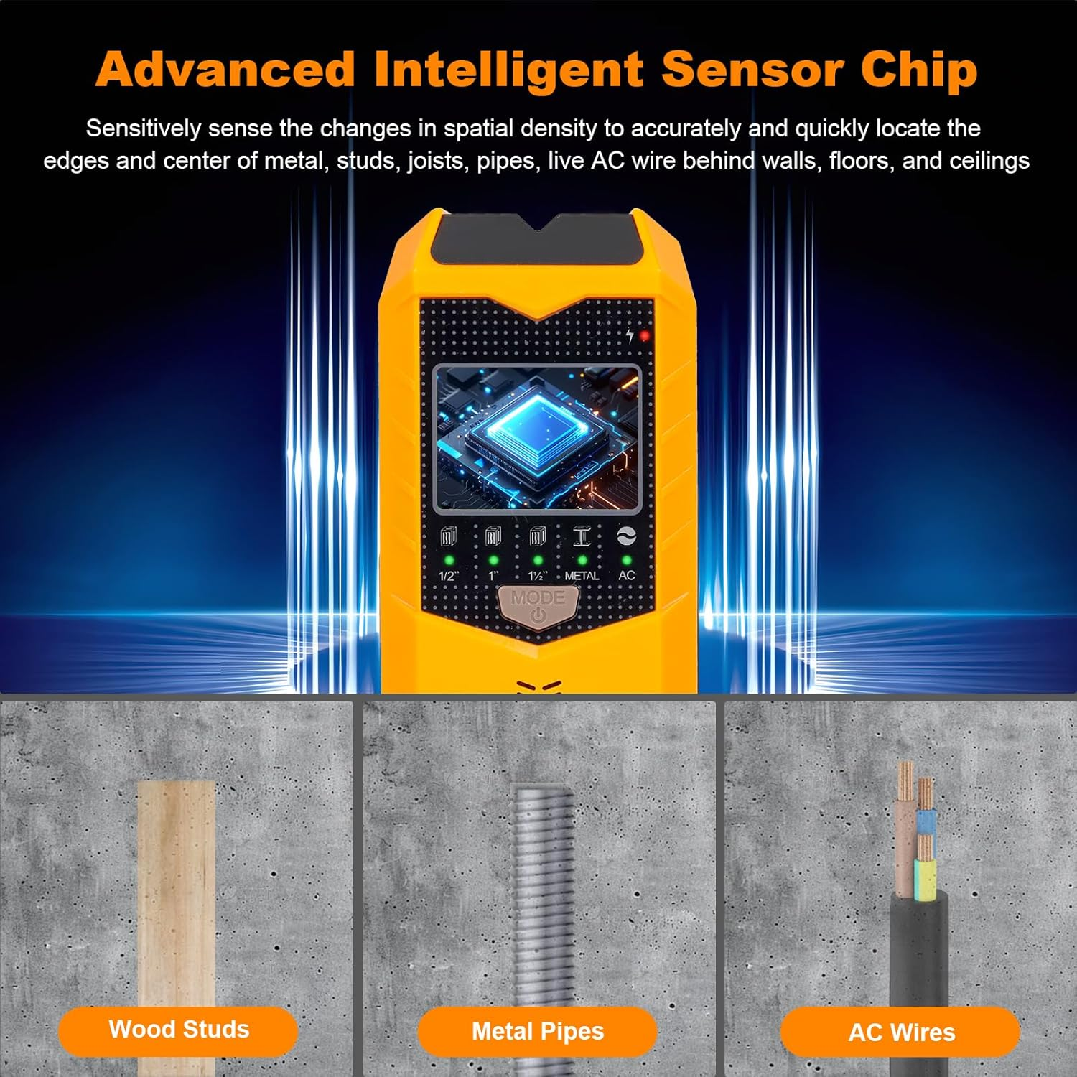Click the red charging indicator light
(x=644, y=335)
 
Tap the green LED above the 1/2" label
(x=449, y=559)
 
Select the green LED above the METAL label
(x=582, y=559)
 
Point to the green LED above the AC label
(x=626, y=559)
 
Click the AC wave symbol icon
(x=626, y=536)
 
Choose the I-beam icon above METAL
(x=582, y=536)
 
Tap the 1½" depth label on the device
(x=537, y=576)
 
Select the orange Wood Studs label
(x=178, y=1030)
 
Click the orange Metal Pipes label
(x=537, y=1032)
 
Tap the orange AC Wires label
(x=900, y=1032)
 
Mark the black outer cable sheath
(x=919, y=955)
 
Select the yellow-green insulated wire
(x=925, y=880)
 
